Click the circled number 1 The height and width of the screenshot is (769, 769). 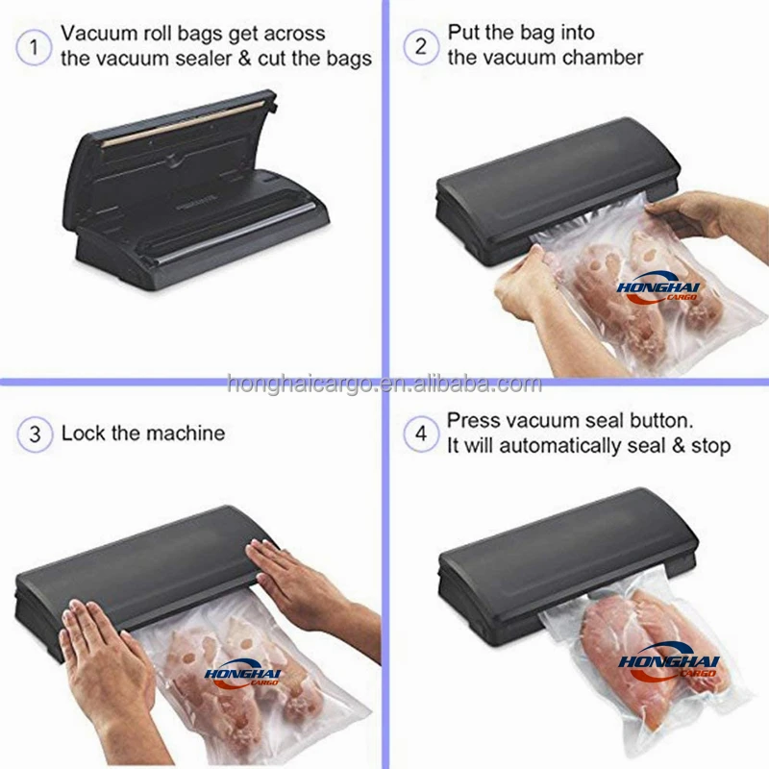(34, 47)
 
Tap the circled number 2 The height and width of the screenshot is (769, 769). (421, 47)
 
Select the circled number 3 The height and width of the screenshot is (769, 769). (35, 434)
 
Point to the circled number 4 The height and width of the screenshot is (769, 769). (421, 434)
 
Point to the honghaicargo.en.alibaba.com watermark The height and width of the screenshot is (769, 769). (384, 384)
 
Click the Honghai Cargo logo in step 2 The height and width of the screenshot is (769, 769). (658, 288)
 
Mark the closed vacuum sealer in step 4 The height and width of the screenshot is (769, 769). (568, 565)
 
